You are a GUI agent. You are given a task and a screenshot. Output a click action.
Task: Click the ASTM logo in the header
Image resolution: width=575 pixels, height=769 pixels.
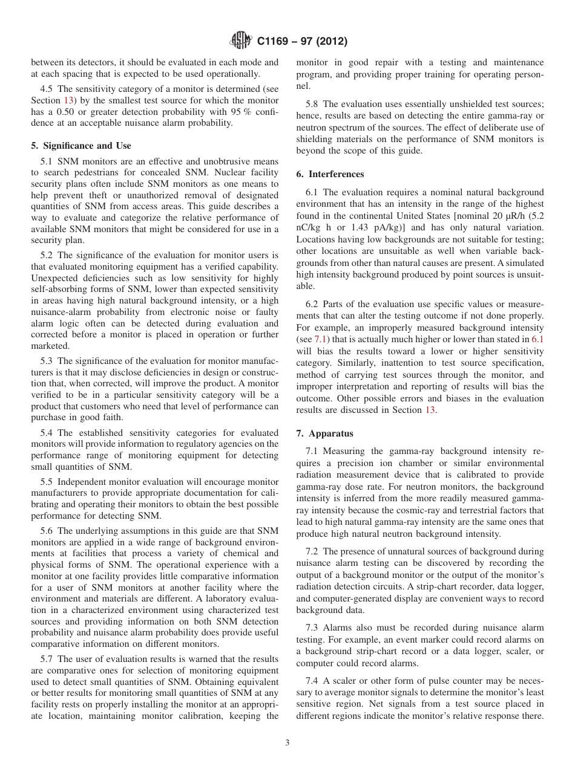[x=241, y=42]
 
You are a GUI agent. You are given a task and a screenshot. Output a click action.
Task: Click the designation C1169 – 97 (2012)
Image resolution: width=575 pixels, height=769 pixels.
[x=301, y=42]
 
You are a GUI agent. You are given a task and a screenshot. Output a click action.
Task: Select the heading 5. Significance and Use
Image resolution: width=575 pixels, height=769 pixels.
[x=81, y=146]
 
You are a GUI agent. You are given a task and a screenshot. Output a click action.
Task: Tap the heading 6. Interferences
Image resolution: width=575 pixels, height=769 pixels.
[x=330, y=174]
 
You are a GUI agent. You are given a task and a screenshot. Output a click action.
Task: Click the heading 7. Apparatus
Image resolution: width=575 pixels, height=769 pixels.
[x=324, y=433]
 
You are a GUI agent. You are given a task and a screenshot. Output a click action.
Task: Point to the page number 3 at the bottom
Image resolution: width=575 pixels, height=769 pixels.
[x=287, y=743]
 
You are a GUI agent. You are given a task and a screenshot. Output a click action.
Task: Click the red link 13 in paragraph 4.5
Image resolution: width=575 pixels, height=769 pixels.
[x=68, y=100]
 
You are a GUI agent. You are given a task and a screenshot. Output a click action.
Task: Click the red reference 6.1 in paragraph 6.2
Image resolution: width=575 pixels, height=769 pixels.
[x=537, y=340]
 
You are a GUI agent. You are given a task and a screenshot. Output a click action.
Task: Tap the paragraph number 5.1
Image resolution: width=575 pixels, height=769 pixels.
[x=48, y=161]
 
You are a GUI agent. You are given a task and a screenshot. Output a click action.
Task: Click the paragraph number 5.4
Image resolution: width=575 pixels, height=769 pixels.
[x=48, y=433]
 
